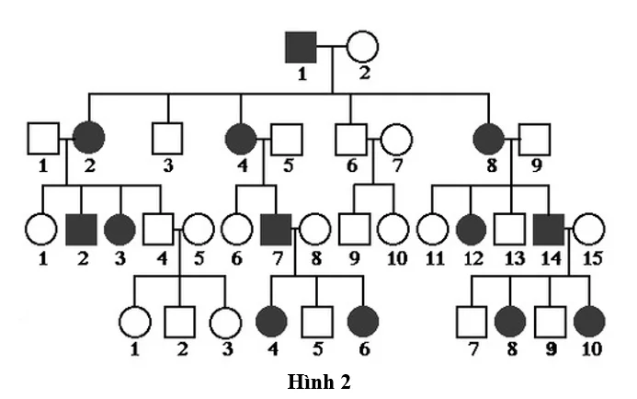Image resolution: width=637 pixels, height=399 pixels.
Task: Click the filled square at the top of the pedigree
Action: tap(301, 46)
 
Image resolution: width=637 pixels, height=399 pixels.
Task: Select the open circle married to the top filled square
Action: tap(362, 46)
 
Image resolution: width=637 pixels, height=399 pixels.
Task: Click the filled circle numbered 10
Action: tap(589, 323)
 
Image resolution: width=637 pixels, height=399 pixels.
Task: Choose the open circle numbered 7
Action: tap(396, 139)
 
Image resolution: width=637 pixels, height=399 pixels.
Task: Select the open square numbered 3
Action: tap(166, 139)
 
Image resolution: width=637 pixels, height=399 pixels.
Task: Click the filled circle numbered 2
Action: tap(89, 139)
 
